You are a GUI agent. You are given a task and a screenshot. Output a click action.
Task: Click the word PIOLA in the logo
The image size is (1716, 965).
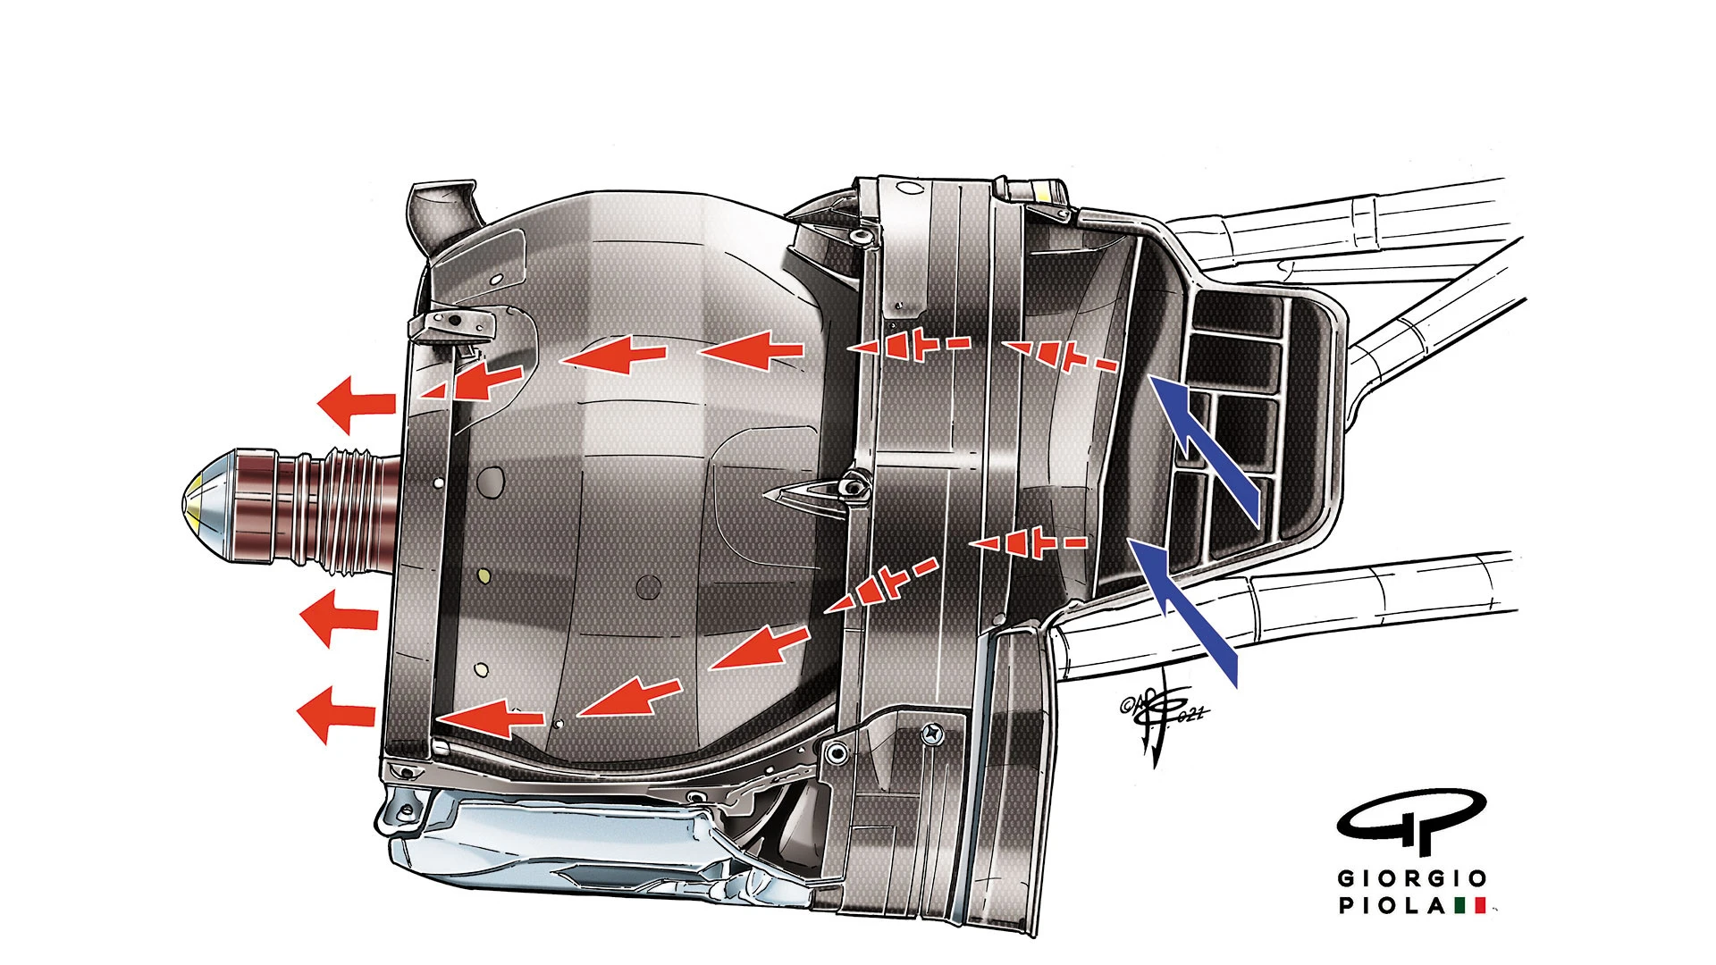1391,906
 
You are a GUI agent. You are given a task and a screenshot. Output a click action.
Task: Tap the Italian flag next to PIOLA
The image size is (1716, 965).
1470,906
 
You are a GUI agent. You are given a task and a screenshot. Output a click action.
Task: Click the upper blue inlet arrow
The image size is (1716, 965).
1207,447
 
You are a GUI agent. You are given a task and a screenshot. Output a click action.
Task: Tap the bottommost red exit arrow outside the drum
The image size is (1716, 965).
335,715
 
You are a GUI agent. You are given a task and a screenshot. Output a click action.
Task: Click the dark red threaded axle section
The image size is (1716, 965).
313,509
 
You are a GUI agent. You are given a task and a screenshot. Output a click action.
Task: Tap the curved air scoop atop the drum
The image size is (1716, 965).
443,214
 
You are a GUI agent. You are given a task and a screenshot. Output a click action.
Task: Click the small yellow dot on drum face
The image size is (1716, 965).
484,575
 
